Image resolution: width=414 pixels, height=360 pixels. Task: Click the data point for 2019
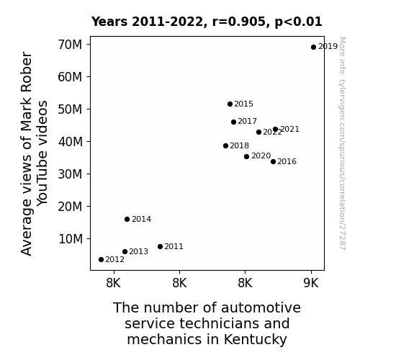[x=313, y=48]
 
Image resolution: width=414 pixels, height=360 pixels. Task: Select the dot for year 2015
[x=230, y=104]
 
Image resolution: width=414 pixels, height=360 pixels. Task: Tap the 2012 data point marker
[x=101, y=260]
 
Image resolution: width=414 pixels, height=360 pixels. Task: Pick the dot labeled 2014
[x=127, y=219]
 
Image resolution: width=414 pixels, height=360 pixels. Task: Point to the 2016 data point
[x=274, y=162]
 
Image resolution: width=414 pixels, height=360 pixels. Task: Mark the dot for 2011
[x=160, y=246]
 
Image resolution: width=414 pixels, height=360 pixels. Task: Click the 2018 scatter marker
[x=225, y=145]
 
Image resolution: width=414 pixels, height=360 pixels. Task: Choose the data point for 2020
[x=247, y=157]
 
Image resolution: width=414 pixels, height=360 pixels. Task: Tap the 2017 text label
[x=247, y=121]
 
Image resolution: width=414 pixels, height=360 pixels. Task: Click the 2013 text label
[x=139, y=251]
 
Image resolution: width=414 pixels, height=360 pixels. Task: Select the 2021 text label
[x=289, y=129]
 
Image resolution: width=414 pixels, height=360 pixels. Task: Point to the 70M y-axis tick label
[x=71, y=45]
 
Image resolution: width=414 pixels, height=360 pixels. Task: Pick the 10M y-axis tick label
[x=71, y=239]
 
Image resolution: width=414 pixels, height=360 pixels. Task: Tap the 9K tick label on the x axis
[x=311, y=283]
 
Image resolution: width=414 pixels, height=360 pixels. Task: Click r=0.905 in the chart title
[x=240, y=22]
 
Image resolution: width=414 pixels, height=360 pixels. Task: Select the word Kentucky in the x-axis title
[x=256, y=339]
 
